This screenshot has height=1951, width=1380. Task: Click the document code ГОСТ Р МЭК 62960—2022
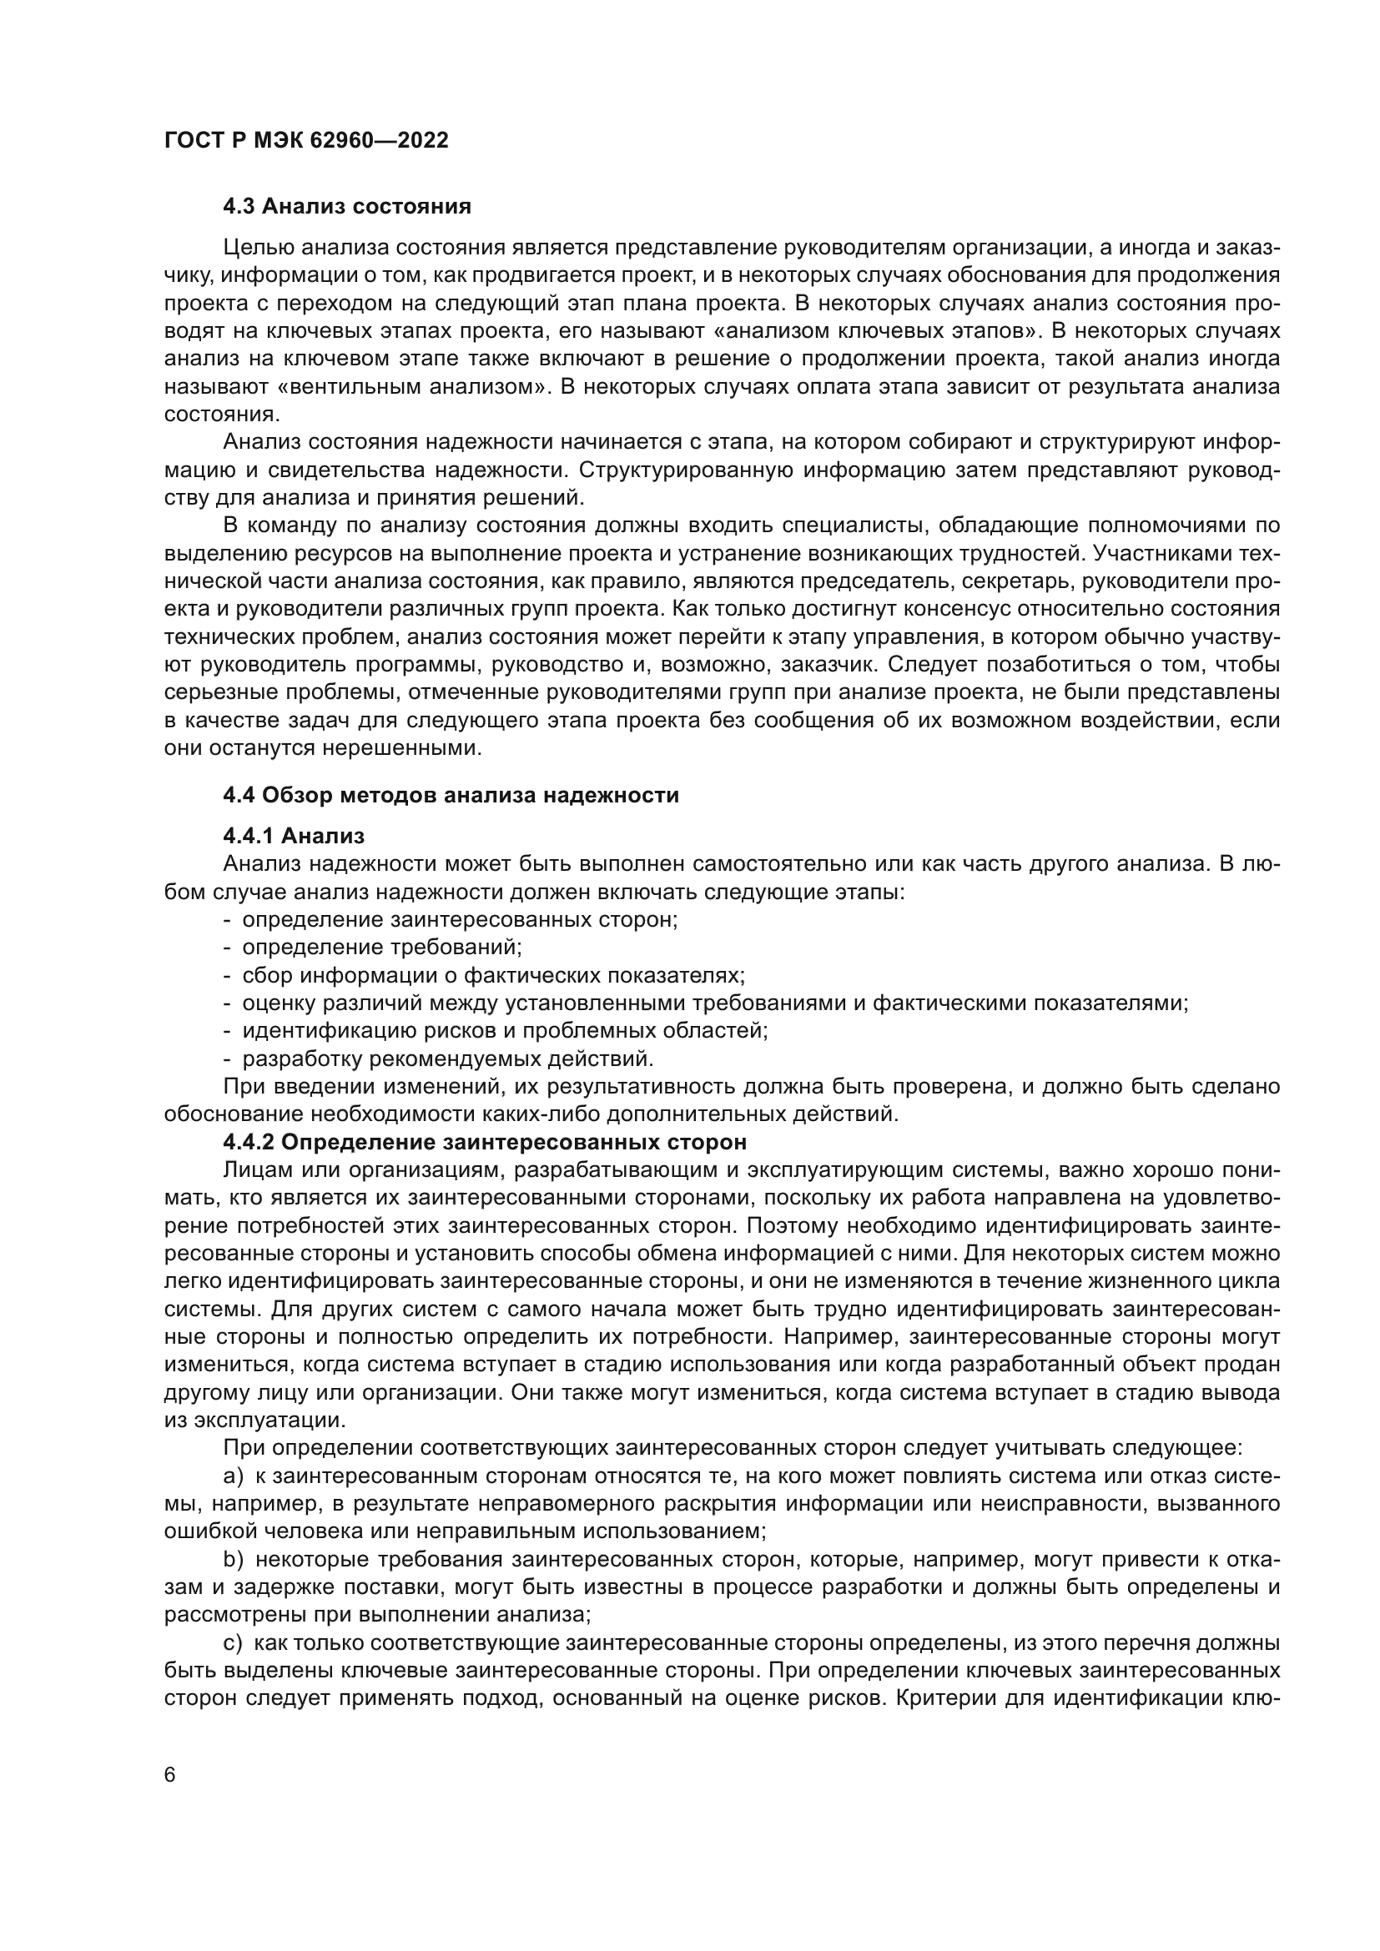coord(306,141)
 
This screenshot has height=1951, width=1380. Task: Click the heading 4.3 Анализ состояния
coord(347,207)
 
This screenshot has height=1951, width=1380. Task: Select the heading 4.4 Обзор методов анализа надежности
coord(451,796)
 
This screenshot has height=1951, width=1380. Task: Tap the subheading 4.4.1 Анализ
coord(293,836)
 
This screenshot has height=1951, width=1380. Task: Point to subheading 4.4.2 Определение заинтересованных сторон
coord(485,1142)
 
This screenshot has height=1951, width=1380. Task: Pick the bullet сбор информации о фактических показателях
coord(493,974)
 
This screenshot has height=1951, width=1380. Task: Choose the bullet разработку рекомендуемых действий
coord(448,1058)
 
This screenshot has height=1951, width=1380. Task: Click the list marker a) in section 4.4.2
coord(233,1476)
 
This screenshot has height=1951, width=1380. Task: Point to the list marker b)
coord(233,1559)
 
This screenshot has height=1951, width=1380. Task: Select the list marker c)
coord(233,1643)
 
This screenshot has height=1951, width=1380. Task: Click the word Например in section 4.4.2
coord(838,1336)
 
